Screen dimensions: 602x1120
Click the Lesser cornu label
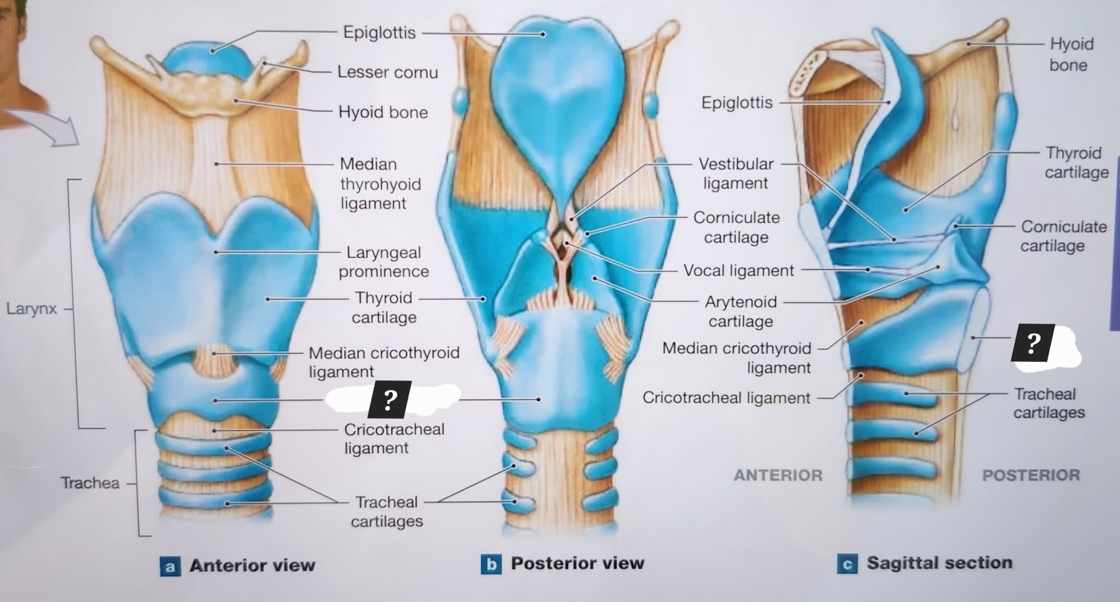coord(387,72)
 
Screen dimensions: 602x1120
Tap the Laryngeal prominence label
coord(383,262)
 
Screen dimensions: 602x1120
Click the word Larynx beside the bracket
coord(31,309)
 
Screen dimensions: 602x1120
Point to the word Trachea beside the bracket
coord(90,482)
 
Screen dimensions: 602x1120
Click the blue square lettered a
coord(170,566)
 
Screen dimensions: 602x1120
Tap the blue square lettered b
coord(491,564)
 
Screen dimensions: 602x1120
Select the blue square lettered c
coord(847,564)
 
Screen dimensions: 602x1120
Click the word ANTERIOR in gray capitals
coord(778,475)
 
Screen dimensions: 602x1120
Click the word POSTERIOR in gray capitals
coord(1031,475)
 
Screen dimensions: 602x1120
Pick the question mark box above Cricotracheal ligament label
coord(390,399)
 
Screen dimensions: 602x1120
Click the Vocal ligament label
coord(738,270)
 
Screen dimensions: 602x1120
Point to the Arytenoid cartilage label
coord(741,311)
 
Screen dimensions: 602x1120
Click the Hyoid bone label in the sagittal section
coord(1071,54)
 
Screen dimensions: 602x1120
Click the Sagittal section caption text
coord(939,563)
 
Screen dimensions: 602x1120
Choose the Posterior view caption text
coord(577,563)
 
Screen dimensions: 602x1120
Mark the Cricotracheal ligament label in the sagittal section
coord(726,397)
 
